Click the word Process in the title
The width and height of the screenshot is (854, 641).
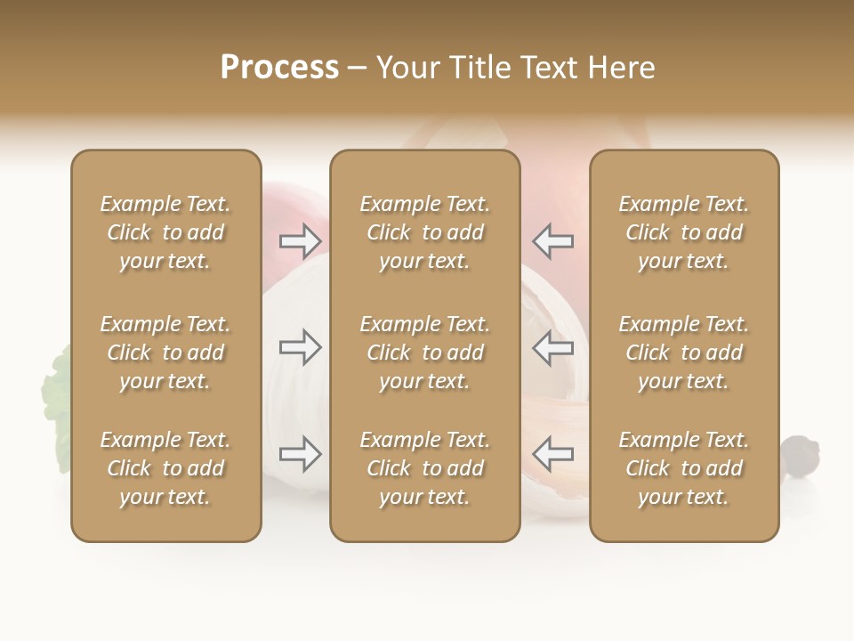point(279,68)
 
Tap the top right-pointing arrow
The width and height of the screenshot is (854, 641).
point(301,240)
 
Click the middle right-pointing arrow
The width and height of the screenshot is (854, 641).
point(301,347)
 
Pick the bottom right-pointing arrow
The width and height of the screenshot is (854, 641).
point(301,454)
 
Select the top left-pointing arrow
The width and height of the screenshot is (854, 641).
point(553,240)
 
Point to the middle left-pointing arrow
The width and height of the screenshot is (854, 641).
point(553,347)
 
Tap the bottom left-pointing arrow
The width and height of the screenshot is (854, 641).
point(553,454)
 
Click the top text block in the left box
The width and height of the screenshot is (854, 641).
point(165,232)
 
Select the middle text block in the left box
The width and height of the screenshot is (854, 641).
point(165,353)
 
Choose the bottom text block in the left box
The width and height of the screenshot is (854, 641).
point(165,468)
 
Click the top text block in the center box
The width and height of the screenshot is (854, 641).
point(425,232)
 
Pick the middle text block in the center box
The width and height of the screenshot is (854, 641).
point(425,353)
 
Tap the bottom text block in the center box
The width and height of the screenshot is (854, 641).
point(425,468)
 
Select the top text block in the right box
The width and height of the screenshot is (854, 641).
point(684,232)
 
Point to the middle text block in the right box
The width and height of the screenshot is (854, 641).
point(684,353)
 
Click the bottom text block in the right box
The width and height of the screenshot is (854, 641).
point(684,468)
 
